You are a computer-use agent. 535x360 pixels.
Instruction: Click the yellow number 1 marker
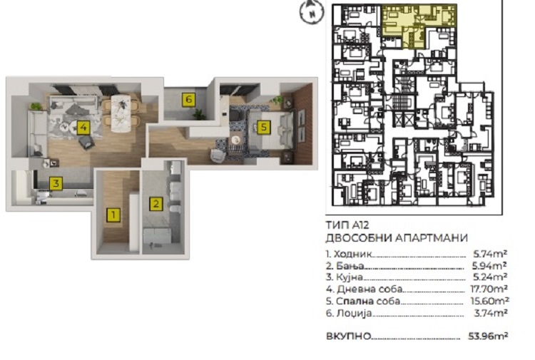[113, 215]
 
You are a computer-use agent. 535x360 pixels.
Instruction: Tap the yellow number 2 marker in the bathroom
[156, 204]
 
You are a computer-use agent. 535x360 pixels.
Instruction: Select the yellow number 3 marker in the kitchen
[56, 183]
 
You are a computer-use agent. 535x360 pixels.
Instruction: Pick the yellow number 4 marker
[83, 128]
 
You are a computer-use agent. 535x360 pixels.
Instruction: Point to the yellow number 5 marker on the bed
[263, 127]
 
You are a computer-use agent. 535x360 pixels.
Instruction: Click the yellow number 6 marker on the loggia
[189, 100]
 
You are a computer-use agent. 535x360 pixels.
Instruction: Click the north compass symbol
[312, 12]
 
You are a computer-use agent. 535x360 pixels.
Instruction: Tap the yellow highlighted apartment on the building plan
[418, 24]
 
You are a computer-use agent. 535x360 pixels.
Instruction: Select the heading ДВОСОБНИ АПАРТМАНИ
[397, 237]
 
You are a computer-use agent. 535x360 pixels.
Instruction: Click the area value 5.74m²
[490, 254]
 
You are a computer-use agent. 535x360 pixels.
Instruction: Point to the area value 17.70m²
[489, 289]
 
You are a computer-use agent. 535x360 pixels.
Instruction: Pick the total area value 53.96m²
[488, 336]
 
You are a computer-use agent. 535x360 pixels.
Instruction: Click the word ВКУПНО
[348, 336]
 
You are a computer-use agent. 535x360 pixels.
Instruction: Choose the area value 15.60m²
[489, 301]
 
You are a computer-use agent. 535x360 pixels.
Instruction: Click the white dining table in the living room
[121, 113]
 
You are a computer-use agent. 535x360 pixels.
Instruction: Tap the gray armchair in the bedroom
[218, 155]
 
